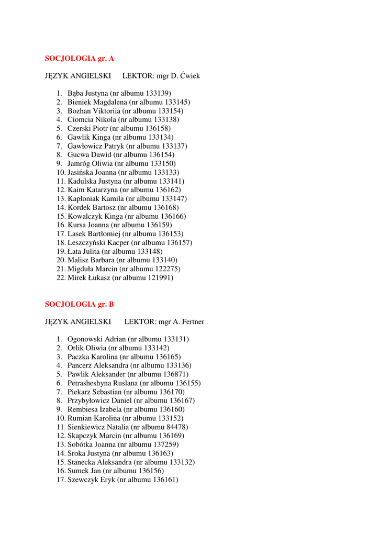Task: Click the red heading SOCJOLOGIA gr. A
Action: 79,58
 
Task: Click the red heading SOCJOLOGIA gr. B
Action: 79,304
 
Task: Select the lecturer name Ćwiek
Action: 189,76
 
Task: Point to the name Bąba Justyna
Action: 87,93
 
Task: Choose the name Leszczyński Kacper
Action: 98,243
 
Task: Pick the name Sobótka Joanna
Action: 92,444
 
